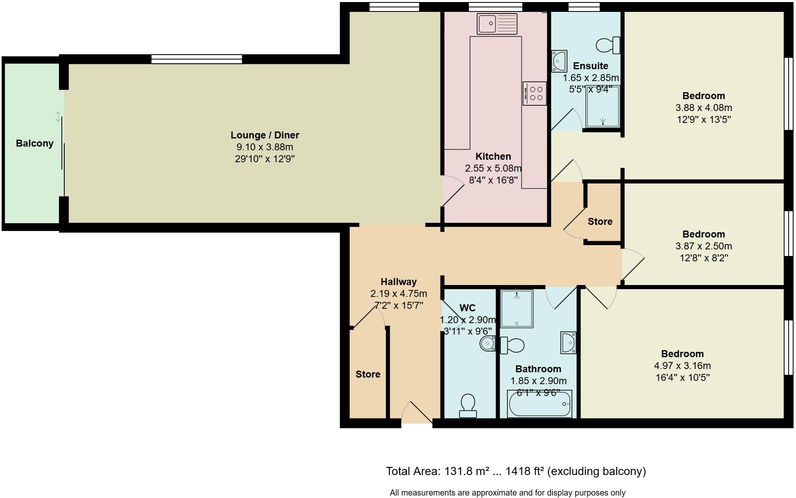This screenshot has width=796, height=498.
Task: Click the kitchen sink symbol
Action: point(497,23)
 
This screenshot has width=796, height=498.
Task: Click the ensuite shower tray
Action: point(603,106)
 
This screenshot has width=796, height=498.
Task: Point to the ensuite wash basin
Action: point(559,61)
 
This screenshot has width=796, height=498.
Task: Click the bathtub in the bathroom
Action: point(539,404)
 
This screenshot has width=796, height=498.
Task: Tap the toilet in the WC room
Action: point(468,405)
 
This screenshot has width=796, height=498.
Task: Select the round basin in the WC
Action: point(488,343)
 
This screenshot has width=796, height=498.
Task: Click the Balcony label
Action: point(35,143)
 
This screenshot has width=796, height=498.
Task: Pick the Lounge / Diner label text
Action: point(265,135)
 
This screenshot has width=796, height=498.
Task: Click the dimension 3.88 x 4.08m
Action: point(703,108)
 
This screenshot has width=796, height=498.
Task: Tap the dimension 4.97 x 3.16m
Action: point(682,366)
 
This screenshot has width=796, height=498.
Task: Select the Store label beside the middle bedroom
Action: point(600,222)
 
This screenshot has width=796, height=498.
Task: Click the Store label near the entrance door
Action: point(368,374)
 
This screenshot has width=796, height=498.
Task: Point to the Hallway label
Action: point(398,282)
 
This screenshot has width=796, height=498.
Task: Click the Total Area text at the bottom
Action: point(516,471)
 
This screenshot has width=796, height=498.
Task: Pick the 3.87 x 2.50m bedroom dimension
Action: point(703,246)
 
